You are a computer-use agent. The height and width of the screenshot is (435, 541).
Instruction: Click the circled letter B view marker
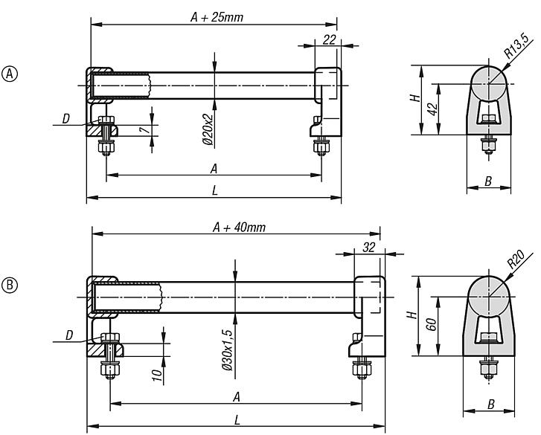tap(11, 285)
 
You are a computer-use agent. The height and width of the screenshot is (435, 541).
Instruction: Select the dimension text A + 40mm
tap(238, 228)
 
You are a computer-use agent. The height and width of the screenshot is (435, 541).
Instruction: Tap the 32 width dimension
tap(369, 248)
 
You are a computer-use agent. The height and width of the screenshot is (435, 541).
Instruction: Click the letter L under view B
tap(237, 421)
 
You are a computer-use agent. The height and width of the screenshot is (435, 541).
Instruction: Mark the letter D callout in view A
tap(66, 118)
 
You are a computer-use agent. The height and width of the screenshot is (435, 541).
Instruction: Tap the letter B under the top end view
tap(488, 181)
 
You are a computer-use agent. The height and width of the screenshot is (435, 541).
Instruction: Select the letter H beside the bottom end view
tap(420, 316)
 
